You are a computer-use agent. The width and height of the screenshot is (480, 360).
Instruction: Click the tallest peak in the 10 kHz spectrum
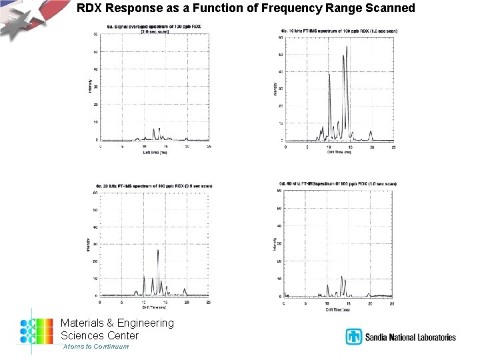[x=347, y=47]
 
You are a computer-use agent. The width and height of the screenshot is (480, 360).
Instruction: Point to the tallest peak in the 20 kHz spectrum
[x=158, y=250]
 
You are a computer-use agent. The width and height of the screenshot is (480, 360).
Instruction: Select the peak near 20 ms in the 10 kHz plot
[x=371, y=132]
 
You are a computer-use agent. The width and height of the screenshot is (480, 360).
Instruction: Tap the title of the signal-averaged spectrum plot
[x=155, y=27]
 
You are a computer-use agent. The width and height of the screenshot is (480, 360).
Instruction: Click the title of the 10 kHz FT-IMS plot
[x=340, y=31]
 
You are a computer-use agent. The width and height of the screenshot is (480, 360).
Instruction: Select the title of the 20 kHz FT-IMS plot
[x=155, y=185]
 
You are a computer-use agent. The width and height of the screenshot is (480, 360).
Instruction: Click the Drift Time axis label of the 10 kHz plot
[x=339, y=152]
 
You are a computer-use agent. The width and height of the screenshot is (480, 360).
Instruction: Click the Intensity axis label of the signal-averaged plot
[x=90, y=87]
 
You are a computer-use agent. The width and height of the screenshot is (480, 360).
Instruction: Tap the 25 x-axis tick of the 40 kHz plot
[x=392, y=304]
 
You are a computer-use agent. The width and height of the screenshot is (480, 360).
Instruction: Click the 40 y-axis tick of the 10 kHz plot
[x=281, y=72]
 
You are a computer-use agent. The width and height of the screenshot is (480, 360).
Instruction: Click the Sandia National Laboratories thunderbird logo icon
[x=353, y=337]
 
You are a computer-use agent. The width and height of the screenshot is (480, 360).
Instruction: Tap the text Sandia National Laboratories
[x=410, y=337]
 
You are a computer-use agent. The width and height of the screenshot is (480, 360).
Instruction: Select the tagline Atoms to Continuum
[x=95, y=347]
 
